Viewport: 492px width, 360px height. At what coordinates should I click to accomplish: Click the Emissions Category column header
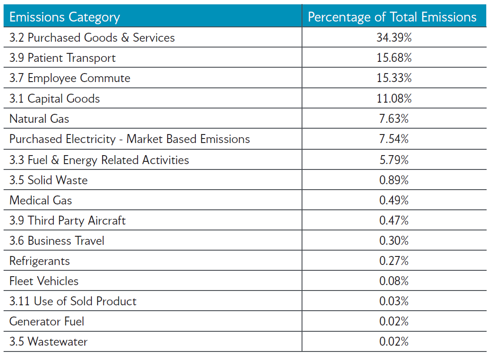tap(65, 17)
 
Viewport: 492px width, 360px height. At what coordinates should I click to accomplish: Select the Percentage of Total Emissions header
tap(392, 17)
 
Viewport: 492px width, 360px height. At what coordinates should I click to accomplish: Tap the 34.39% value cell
tap(394, 38)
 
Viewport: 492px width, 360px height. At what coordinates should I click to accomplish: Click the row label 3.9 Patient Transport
tap(62, 58)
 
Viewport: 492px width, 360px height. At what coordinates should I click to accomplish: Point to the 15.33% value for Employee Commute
tap(394, 78)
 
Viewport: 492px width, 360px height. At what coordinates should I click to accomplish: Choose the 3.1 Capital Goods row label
tap(55, 99)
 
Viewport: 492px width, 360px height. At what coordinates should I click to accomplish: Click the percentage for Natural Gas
tap(394, 119)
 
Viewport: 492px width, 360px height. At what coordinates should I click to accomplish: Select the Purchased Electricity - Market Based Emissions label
tap(129, 139)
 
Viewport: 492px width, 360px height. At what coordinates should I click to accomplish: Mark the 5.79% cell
tap(394, 160)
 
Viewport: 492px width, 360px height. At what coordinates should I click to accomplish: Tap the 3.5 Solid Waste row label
tap(48, 180)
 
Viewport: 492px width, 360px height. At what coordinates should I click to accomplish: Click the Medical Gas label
tap(40, 200)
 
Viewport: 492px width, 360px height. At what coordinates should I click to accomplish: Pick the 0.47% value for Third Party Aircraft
tap(394, 221)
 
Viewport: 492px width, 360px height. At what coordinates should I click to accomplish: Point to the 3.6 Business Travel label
tap(56, 241)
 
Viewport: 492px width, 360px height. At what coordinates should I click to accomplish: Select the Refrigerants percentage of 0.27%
tap(394, 261)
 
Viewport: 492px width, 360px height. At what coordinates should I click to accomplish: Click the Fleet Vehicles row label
tap(44, 281)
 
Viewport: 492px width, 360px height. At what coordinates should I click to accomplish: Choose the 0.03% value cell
tap(394, 301)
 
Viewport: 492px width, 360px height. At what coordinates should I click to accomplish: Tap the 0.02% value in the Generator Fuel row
tap(394, 321)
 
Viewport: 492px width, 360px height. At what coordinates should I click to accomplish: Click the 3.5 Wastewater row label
tap(48, 342)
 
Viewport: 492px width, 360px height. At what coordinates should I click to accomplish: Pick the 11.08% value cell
tap(394, 99)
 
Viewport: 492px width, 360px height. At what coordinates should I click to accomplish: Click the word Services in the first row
tap(154, 38)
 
